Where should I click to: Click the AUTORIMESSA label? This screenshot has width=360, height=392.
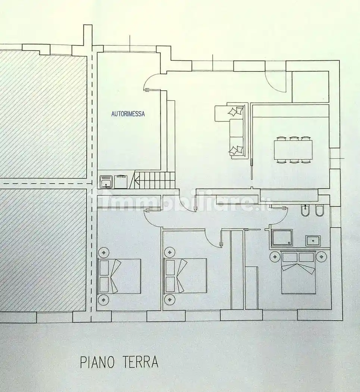click(x=128, y=114)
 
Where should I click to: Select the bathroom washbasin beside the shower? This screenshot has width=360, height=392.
click(x=313, y=241)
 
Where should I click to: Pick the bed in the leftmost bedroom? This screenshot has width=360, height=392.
click(x=119, y=276)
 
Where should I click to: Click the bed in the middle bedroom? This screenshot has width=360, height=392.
click(x=185, y=276)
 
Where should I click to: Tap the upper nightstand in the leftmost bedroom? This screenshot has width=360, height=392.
click(x=103, y=252)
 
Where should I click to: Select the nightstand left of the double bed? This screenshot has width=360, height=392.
click(x=275, y=257)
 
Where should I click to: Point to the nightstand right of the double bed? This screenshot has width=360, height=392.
click(x=322, y=257)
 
